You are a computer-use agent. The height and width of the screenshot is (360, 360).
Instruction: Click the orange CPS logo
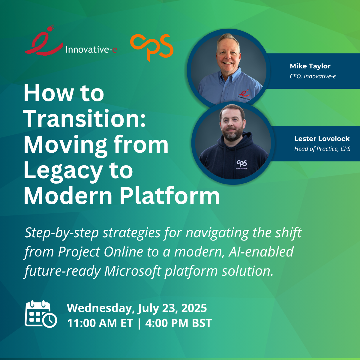tap(152, 47)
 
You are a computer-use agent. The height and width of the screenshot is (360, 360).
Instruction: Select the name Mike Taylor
tap(310, 66)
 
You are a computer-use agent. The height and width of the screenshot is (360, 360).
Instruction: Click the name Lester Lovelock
tap(322, 139)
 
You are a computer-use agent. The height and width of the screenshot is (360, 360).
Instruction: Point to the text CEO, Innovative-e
tap(313, 76)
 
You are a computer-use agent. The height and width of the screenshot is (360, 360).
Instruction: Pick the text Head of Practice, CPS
tap(322, 149)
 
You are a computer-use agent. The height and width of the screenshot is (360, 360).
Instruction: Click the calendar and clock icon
tap(41, 314)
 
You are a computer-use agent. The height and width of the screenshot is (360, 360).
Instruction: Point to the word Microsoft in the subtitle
tap(133, 271)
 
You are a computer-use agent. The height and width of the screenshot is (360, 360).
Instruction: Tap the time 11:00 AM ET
tap(100, 323)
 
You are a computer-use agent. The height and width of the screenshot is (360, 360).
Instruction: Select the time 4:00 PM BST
tap(178, 323)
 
